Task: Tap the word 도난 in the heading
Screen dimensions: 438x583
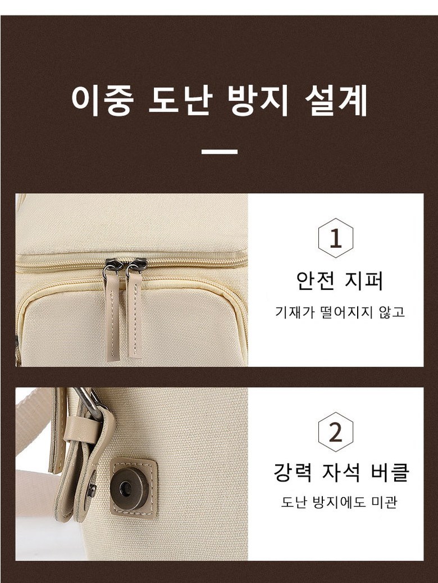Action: (181, 100)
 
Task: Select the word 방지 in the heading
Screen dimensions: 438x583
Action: (258, 100)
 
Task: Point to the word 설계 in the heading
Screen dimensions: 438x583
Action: (336, 100)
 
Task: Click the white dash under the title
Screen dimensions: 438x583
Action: (220, 152)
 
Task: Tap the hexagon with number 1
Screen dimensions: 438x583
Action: (336, 238)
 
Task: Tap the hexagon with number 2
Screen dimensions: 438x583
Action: (336, 432)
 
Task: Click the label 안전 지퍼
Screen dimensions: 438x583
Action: (340, 281)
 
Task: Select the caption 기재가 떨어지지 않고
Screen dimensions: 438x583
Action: (340, 312)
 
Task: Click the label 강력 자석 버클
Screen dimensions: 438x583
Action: (341, 472)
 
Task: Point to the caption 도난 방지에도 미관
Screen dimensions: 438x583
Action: (339, 502)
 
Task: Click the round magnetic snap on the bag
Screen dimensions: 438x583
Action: (128, 487)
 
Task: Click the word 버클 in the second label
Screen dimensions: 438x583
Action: (390, 472)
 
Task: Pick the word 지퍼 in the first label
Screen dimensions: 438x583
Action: (364, 281)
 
